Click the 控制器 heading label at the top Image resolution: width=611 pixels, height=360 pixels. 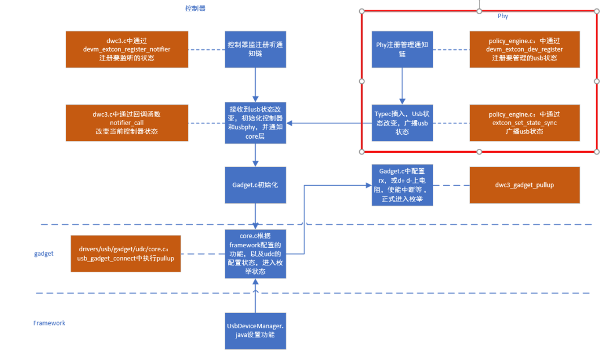point(195,8)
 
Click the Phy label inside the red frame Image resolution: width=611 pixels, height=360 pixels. point(502,16)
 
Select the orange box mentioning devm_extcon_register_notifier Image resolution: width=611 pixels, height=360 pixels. point(127,49)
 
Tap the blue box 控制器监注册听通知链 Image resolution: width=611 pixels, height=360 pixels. point(255,49)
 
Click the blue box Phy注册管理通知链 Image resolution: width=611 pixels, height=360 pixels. point(402,49)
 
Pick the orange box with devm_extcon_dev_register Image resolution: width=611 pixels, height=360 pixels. point(525,49)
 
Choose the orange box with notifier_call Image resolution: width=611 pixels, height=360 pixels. point(127,123)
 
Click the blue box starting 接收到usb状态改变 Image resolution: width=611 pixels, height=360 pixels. point(255,123)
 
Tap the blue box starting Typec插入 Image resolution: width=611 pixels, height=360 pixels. point(402,123)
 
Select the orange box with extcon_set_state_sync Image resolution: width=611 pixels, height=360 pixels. point(525,123)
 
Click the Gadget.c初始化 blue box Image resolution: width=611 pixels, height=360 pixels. point(255,185)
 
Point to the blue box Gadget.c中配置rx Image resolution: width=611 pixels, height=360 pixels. point(402,185)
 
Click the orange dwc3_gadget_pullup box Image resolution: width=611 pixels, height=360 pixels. point(525,185)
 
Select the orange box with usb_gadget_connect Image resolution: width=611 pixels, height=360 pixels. point(126,254)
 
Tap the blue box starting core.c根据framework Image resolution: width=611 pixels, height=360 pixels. point(255,254)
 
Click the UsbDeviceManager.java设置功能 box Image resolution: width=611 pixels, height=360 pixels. point(255,331)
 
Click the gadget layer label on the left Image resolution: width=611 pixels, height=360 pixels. point(44,254)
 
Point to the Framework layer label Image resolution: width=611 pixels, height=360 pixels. point(49,323)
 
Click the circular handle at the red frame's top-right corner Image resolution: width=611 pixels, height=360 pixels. point(597,11)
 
